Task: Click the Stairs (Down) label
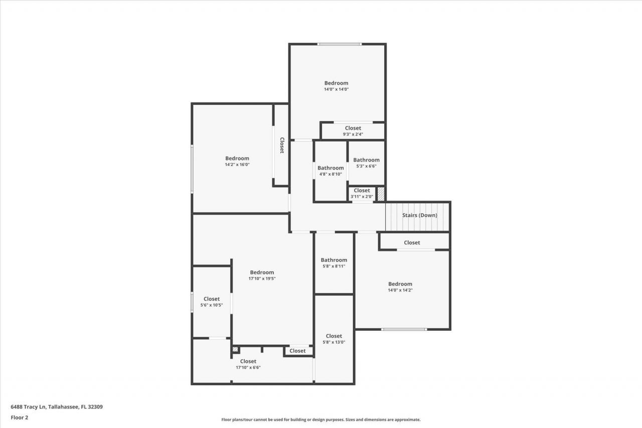point(419,215)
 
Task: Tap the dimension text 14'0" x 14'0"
point(336,89)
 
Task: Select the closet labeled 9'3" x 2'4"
point(353,131)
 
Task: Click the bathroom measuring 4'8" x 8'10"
point(331,171)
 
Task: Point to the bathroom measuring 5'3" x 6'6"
point(366,163)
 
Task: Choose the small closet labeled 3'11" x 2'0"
point(362,193)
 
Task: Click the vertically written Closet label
point(282,145)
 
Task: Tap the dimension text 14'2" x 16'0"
point(237,165)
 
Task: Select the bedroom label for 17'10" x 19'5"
point(262,272)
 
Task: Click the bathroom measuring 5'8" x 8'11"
point(334,263)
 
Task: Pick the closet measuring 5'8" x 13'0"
point(334,339)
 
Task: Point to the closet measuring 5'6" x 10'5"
point(212,302)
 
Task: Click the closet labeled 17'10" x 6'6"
point(248,364)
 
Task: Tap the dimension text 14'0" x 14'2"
point(400,290)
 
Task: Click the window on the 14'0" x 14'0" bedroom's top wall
point(339,44)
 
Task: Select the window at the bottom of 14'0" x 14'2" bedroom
point(404,329)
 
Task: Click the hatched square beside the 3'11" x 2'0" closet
point(381,194)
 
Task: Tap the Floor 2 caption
point(19,417)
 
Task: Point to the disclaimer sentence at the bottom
point(321,419)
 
